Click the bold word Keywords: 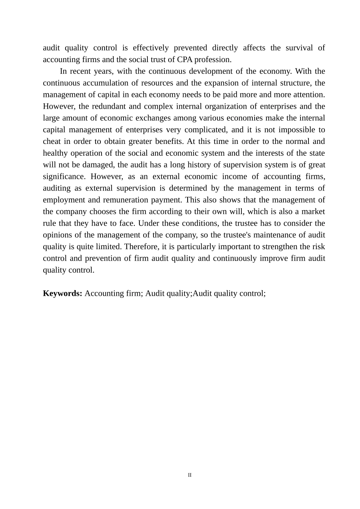coord(63,294)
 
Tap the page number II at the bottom coord(190,475)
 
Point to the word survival coord(299,48)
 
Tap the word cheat coord(52,141)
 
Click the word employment coord(62,200)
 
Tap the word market coord(313,212)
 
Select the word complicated coord(205,130)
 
